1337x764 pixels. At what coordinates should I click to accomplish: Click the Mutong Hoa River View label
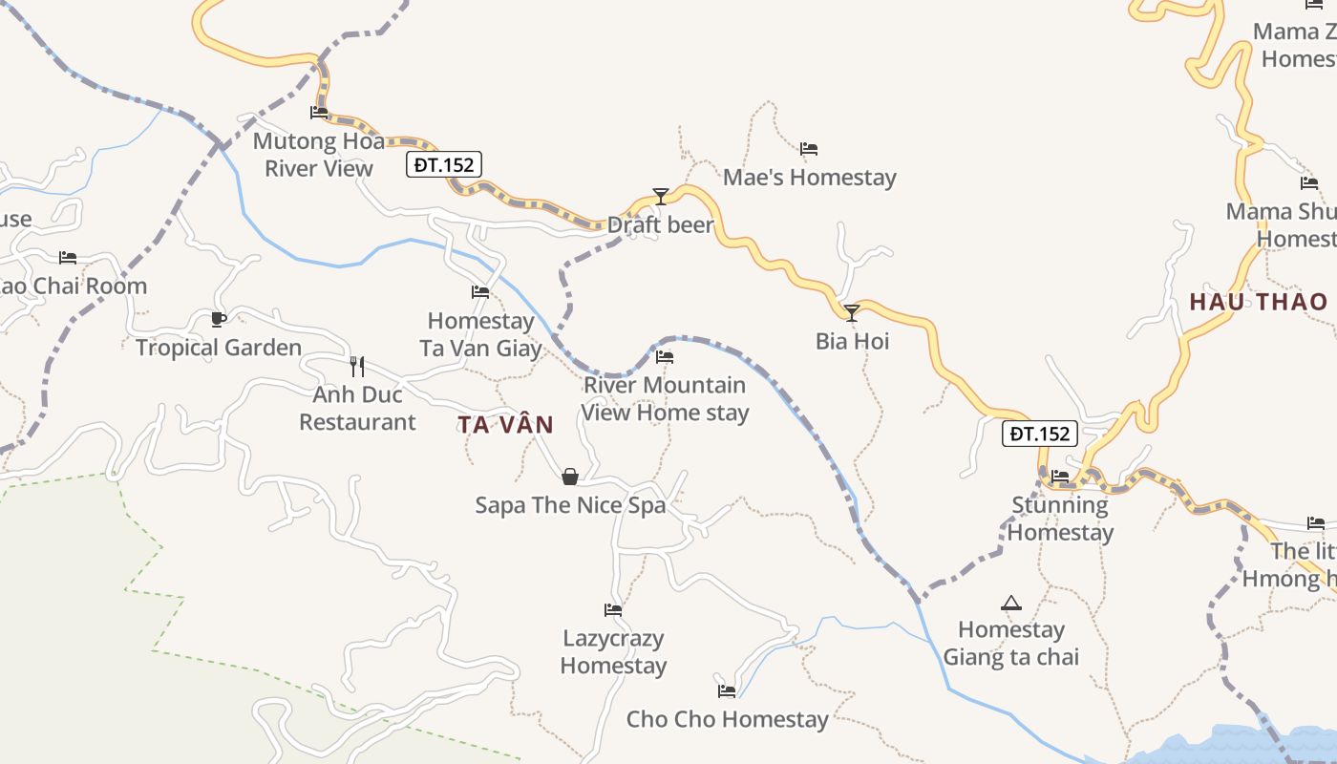click(318, 156)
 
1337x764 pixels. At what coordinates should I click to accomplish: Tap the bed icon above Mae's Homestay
click(809, 149)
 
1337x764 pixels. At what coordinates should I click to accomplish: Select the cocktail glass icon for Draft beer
click(660, 197)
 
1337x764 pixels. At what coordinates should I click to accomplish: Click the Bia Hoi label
click(852, 341)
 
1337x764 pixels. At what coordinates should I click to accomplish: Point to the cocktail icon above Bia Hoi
click(852, 312)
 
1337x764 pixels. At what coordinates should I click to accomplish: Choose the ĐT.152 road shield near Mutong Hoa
click(444, 164)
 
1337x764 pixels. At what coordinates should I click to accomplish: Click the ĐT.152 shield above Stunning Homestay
click(1040, 434)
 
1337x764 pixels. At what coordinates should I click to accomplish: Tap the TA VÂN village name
click(505, 425)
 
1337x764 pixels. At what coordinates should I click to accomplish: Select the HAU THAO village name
click(1258, 302)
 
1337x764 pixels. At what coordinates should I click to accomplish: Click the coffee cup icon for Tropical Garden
click(219, 319)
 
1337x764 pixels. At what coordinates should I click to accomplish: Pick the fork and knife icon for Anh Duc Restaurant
click(357, 366)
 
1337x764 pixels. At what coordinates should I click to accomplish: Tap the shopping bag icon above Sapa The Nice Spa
click(570, 477)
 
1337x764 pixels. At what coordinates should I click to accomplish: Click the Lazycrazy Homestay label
click(613, 652)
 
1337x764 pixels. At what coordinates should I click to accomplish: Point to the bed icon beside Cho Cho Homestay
click(727, 690)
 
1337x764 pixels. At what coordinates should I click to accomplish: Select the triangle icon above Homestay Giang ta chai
click(1010, 603)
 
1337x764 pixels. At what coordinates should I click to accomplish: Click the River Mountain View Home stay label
click(665, 399)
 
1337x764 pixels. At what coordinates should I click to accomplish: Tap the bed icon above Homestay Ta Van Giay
click(480, 292)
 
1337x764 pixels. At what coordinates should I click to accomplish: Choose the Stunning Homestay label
click(1060, 519)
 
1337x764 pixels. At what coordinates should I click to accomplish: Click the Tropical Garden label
click(219, 348)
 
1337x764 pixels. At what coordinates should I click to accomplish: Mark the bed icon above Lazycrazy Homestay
click(613, 610)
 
